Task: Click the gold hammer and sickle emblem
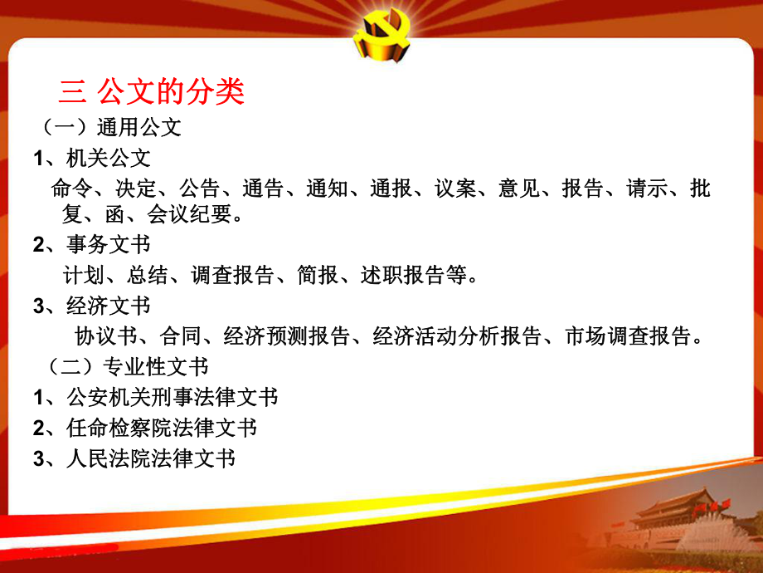(381, 37)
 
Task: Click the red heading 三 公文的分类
(153, 91)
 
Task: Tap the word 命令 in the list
(70, 189)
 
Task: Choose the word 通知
(324, 189)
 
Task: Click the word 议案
(454, 189)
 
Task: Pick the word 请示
(646, 189)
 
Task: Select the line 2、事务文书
(91, 245)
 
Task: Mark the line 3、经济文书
(91, 306)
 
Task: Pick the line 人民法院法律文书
(150, 458)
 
